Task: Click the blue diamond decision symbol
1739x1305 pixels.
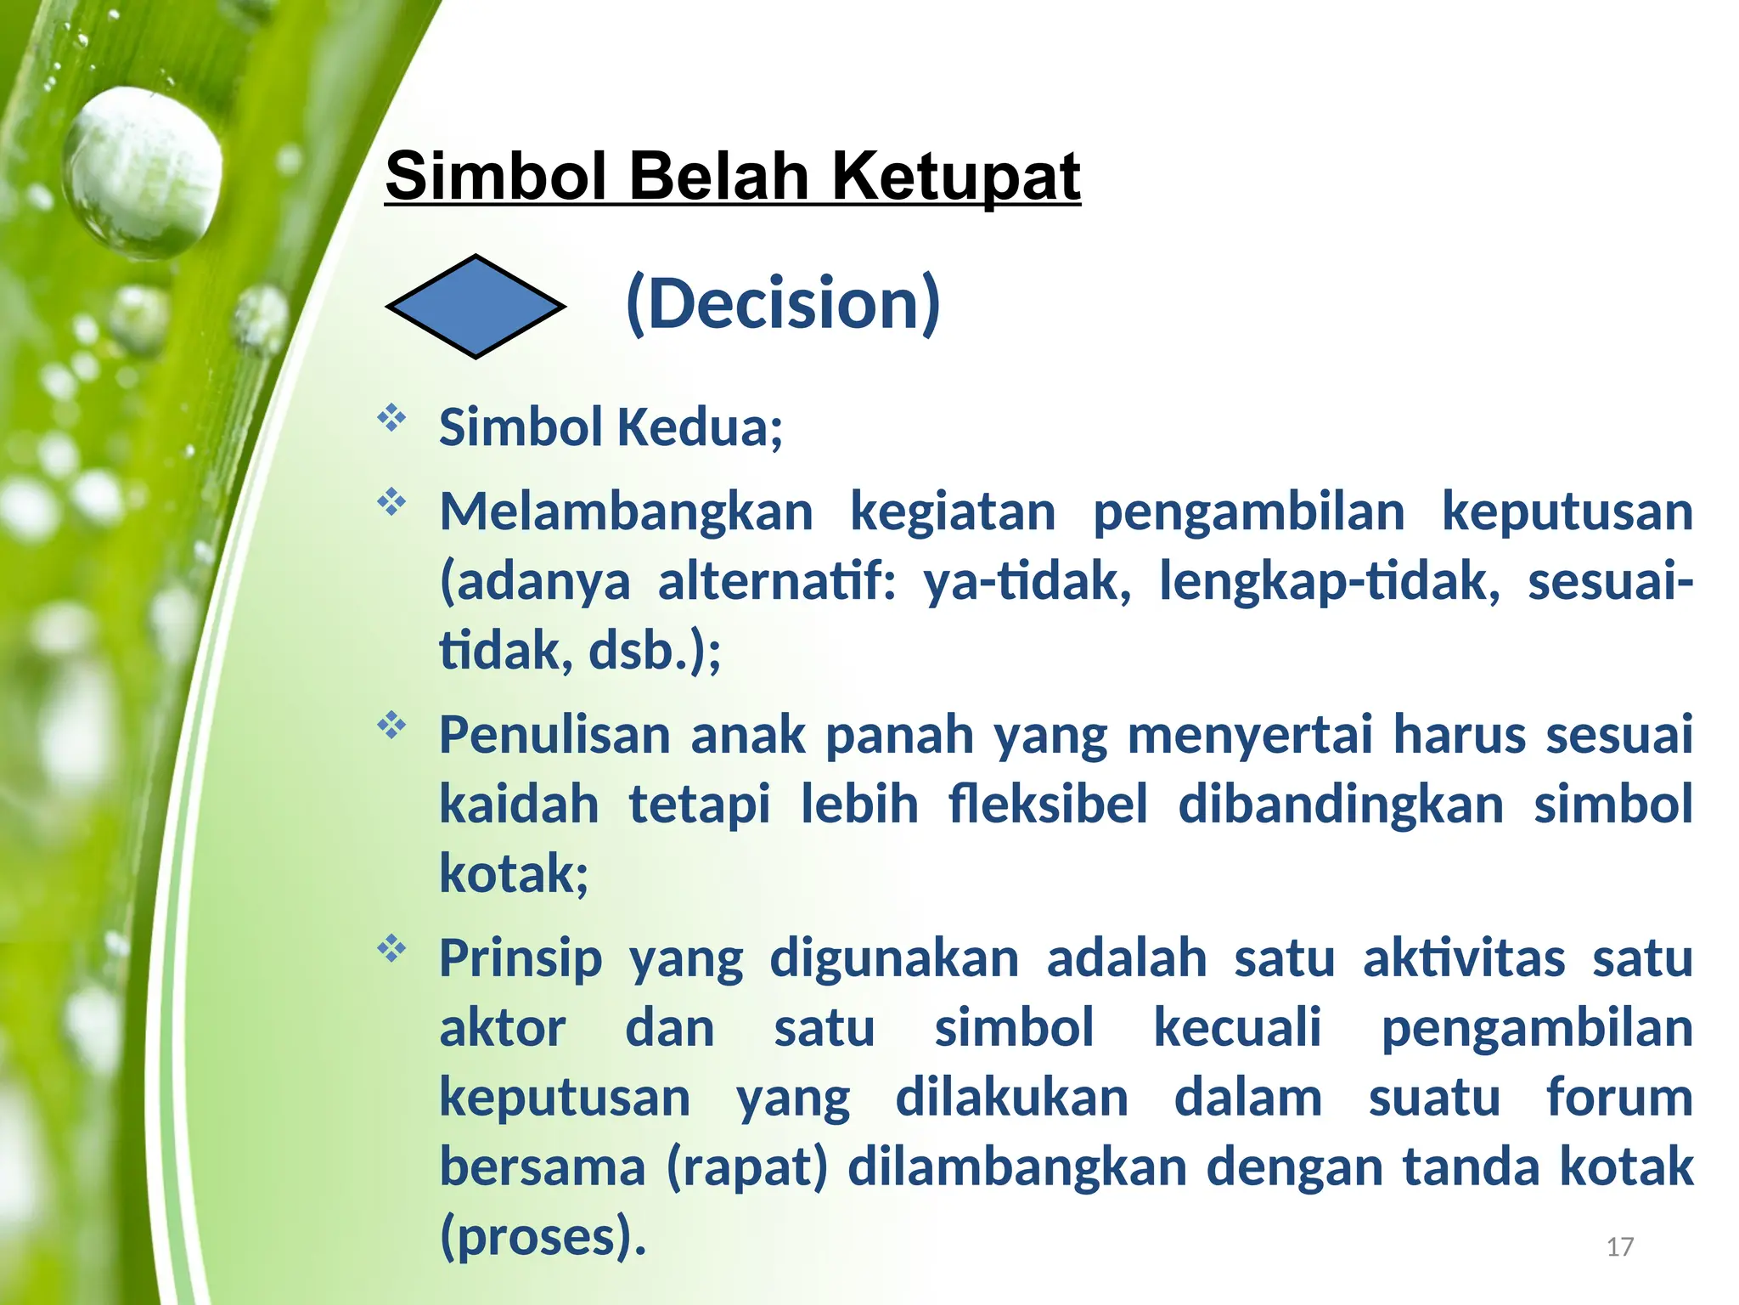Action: pyautogui.click(x=476, y=306)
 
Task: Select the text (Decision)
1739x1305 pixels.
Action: pyautogui.click(x=782, y=303)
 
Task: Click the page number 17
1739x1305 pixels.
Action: pyautogui.click(x=1619, y=1246)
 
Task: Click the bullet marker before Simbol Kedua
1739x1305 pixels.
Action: pyautogui.click(x=391, y=418)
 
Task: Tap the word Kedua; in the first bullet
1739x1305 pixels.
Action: pyautogui.click(x=700, y=427)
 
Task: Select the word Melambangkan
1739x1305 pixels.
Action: pyautogui.click(x=626, y=511)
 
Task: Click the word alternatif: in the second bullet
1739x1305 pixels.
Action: pyautogui.click(x=777, y=582)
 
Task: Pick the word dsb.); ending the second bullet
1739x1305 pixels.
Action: pyautogui.click(x=655, y=651)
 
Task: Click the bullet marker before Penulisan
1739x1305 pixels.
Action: pyautogui.click(x=391, y=726)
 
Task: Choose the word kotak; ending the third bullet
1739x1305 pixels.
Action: pyautogui.click(x=514, y=873)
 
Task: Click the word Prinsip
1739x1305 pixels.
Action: pyautogui.click(x=521, y=958)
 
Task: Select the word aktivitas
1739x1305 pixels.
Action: pyautogui.click(x=1463, y=958)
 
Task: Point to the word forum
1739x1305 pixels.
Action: pyautogui.click(x=1619, y=1097)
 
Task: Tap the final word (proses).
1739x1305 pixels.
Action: pyautogui.click(x=543, y=1236)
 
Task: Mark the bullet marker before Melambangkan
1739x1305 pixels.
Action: pyautogui.click(x=391, y=503)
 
